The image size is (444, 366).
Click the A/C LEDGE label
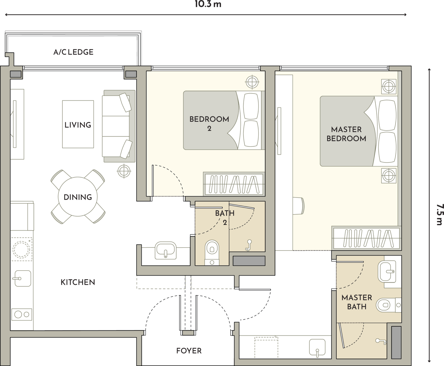coord(73,52)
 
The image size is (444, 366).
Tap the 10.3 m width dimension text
coord(208,4)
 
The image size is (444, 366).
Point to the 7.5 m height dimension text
coord(440,215)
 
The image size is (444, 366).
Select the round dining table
coord(78,197)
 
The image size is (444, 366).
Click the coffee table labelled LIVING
coord(78,124)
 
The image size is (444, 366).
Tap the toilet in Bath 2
coord(212,253)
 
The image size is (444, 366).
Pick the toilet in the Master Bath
coord(389,305)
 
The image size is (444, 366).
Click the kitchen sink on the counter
coord(23,278)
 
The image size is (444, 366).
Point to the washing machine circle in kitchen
coord(21,250)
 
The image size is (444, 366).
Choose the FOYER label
coord(189,351)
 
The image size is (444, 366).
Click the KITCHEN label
coord(78,282)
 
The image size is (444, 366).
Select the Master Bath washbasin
coord(387,272)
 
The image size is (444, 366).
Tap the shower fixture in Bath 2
coord(249,245)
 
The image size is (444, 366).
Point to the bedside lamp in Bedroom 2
coord(252,82)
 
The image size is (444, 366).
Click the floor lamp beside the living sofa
coord(124,171)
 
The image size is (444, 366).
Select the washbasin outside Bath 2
coord(165,250)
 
